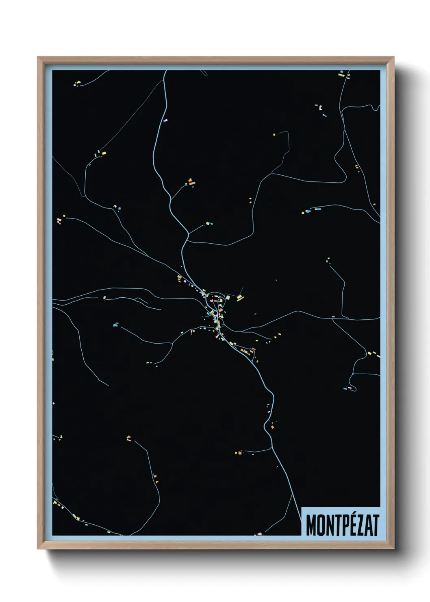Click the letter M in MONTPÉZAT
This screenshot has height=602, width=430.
click(x=311, y=525)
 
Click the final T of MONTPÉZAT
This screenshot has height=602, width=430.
click(x=375, y=525)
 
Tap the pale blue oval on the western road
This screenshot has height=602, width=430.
click(x=104, y=297)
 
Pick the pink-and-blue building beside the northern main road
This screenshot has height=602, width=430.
click(x=165, y=120)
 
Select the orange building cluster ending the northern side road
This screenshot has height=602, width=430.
click(x=191, y=181)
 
